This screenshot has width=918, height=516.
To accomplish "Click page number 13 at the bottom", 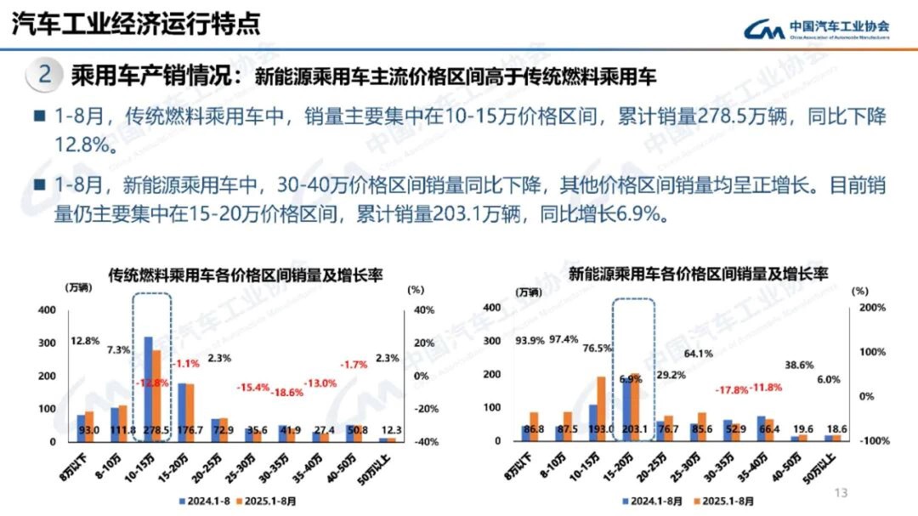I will coord(842,492).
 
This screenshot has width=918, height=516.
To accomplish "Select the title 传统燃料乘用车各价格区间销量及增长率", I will coord(244,274).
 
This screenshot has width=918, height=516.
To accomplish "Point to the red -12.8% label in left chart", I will coord(153,383).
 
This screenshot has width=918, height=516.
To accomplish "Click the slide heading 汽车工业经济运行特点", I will coord(136,23).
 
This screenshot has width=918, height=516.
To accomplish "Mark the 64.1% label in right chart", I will coord(675,353).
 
